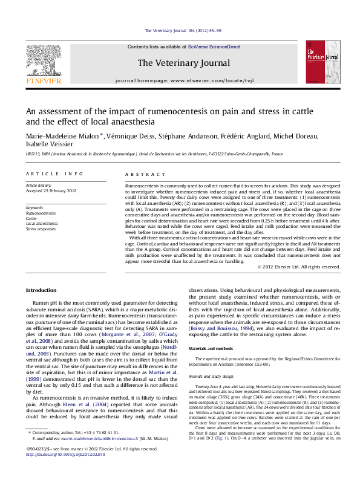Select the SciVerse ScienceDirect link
point(214,47)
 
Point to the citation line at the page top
point(183,30)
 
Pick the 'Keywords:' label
point(35,207)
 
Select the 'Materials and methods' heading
point(214,349)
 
